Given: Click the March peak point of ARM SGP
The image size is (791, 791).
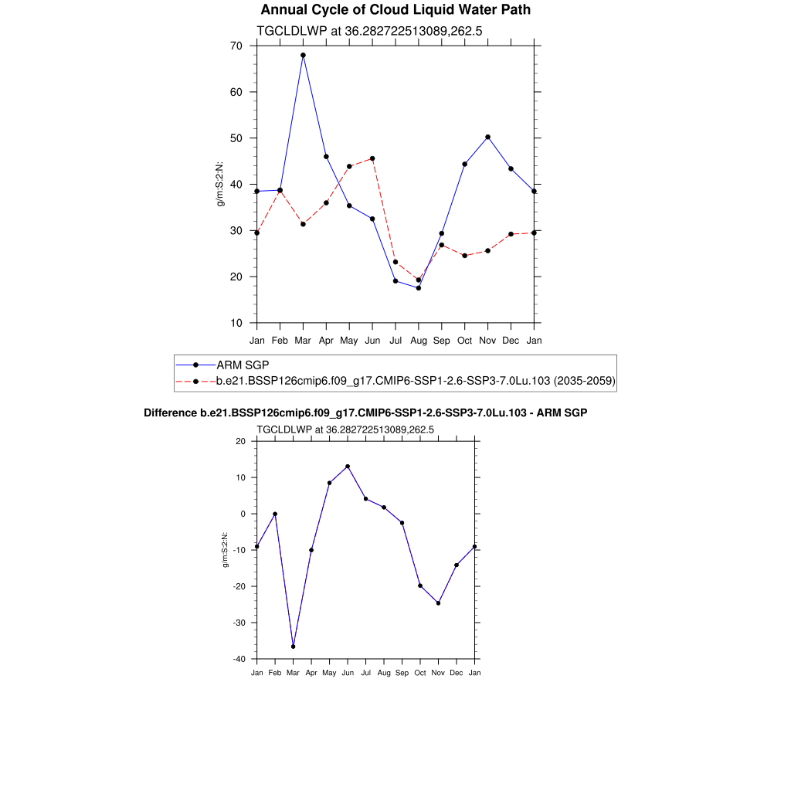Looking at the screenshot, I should click(x=303, y=56).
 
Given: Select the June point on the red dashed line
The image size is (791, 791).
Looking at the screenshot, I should click(x=372, y=158).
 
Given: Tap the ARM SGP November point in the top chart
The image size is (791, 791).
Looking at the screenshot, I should click(x=487, y=137).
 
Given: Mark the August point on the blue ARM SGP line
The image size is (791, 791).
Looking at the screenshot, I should click(x=419, y=288).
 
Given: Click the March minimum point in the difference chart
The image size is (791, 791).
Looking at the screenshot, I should click(x=293, y=647).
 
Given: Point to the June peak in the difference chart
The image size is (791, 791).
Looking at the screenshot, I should click(x=348, y=467).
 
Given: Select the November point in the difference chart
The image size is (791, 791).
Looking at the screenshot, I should click(x=438, y=603).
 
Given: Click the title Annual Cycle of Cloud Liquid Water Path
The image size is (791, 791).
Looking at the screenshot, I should click(x=395, y=10).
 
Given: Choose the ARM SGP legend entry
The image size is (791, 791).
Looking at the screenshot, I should click(x=242, y=365).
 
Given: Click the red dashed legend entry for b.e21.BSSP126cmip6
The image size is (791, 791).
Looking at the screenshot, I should click(x=415, y=381).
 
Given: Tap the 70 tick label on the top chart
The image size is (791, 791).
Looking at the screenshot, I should click(x=236, y=46).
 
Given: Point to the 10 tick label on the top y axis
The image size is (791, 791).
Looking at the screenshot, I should click(x=236, y=323).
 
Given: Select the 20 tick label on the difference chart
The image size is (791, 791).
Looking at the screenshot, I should click(x=240, y=441).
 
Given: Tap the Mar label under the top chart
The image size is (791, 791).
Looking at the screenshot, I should click(x=303, y=341).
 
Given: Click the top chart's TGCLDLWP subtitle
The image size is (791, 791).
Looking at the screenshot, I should click(x=369, y=31).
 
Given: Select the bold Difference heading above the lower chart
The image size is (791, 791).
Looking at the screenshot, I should click(x=365, y=413).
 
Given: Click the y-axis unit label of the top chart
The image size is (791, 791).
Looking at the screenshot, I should click(x=219, y=185).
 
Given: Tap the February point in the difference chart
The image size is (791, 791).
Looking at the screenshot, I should click(x=275, y=514).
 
